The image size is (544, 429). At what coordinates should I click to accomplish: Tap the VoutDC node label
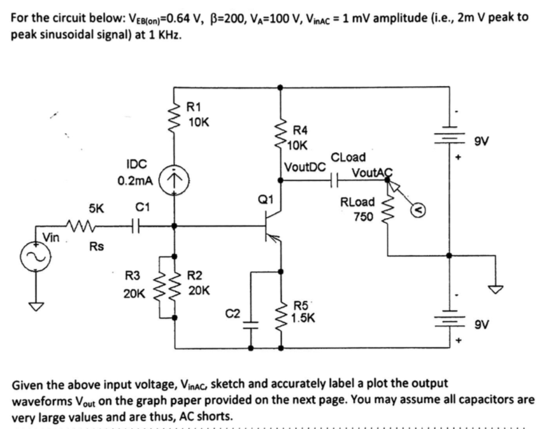click(x=305, y=167)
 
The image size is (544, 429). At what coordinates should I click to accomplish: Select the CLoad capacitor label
click(x=349, y=157)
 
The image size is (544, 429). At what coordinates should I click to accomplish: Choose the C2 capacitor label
click(x=234, y=312)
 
